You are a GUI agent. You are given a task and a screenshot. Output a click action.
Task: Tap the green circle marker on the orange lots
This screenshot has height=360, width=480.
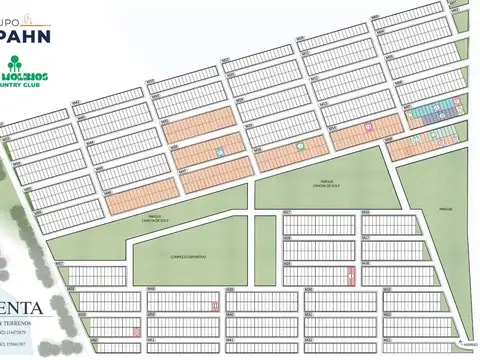pyautogui.click(x=299, y=146)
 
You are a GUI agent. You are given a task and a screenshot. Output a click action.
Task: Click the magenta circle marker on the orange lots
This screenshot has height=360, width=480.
pyautogui.click(x=369, y=127)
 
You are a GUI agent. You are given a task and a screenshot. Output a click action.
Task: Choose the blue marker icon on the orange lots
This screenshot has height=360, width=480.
pyautogui.click(x=219, y=152)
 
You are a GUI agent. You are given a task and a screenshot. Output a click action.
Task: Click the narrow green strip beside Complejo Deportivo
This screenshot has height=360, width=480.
pyautogui.click(x=263, y=250)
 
